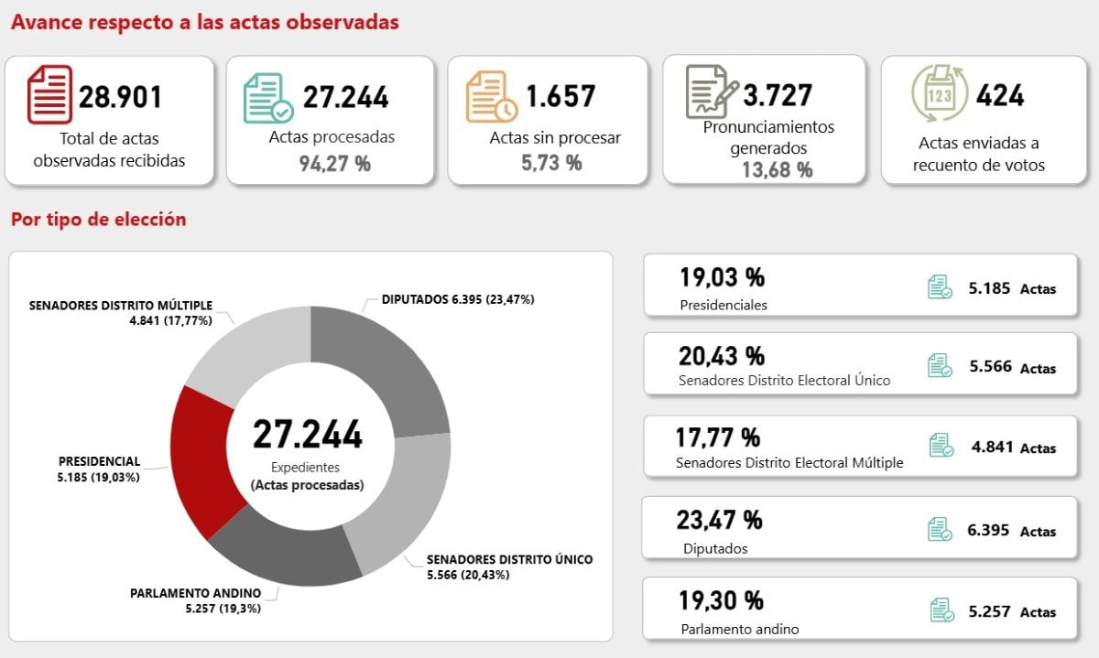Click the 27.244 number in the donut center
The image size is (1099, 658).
click(x=308, y=436)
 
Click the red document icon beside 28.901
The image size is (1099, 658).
click(x=49, y=94)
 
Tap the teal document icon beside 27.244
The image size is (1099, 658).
click(x=268, y=98)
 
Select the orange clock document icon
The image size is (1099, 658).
click(x=491, y=96)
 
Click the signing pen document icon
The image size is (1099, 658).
click(x=712, y=92)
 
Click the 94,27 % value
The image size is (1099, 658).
click(x=335, y=164)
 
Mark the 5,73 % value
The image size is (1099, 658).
click(x=551, y=163)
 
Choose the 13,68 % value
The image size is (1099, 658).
click(x=777, y=169)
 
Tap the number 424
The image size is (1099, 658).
click(x=1000, y=95)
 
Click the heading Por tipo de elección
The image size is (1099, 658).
click(x=99, y=220)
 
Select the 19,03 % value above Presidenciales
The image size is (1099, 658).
click(x=722, y=276)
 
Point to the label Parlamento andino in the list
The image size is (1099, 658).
click(x=740, y=629)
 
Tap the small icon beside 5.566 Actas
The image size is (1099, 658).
click(x=940, y=366)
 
